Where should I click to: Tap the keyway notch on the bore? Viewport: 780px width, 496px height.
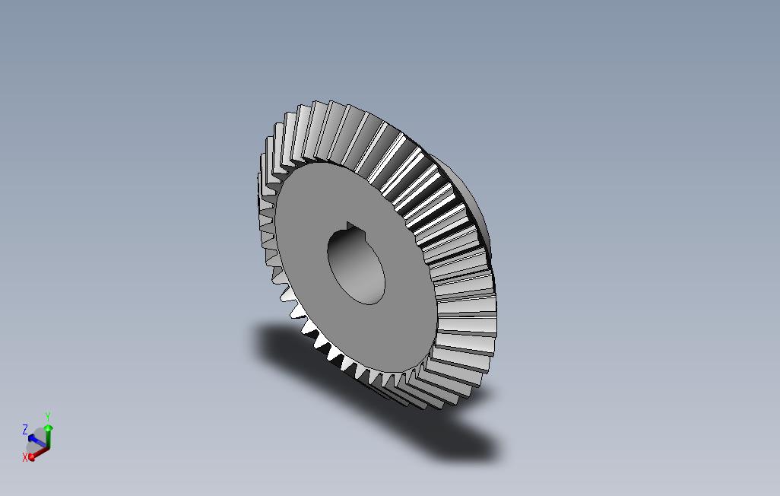(x=350, y=227)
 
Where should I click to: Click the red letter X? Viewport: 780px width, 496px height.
(x=25, y=457)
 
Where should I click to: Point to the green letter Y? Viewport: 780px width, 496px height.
(x=47, y=417)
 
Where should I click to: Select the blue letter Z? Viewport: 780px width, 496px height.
(x=25, y=430)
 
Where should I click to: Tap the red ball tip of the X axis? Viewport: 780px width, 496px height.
(x=32, y=456)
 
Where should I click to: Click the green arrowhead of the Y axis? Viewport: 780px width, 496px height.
(x=49, y=428)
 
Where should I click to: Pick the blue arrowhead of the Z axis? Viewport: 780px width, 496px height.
(x=32, y=438)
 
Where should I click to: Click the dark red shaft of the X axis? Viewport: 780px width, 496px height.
(x=41, y=452)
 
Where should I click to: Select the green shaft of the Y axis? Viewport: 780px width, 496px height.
(x=49, y=438)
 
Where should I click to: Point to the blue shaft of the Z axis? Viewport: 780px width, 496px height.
(x=40, y=443)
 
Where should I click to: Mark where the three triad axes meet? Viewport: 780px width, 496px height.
(x=48, y=447)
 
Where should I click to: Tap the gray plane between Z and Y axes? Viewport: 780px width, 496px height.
(x=40, y=434)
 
